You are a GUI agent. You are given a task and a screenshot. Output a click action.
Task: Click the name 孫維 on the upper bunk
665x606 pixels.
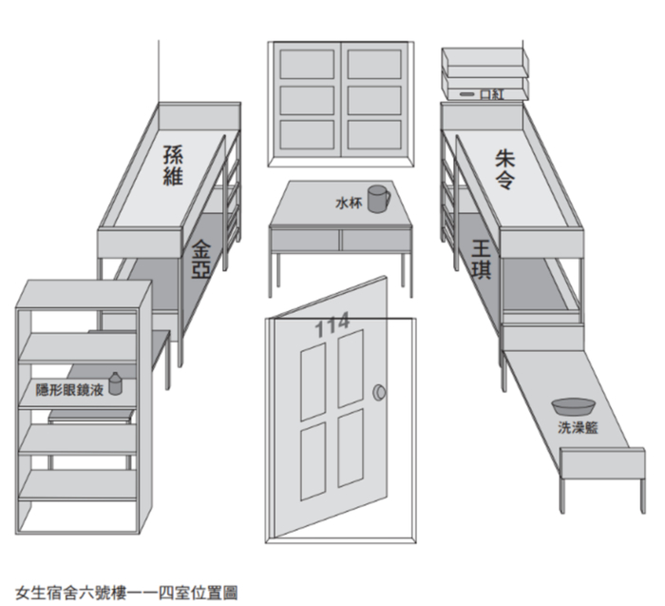[x=173, y=166]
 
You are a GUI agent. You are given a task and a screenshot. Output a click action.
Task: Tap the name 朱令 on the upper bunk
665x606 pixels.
[x=504, y=169]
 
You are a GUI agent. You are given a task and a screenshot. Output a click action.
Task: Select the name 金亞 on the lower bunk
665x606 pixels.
[x=200, y=259]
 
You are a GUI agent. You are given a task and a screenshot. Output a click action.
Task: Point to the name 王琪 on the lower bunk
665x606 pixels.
[x=482, y=259]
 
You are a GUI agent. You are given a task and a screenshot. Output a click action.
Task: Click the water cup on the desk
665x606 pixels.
[x=378, y=199]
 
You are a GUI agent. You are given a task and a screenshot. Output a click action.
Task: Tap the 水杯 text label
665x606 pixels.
[x=349, y=203]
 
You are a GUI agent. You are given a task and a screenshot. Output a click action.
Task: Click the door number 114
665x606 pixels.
[x=332, y=324]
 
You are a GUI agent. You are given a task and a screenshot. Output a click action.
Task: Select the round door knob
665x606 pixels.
[x=380, y=392]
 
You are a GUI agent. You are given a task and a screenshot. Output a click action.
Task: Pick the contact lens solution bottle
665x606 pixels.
[x=115, y=383]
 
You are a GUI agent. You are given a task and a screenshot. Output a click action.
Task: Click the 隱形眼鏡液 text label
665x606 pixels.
[x=69, y=390]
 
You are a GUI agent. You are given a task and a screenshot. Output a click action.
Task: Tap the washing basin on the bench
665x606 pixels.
[x=573, y=406]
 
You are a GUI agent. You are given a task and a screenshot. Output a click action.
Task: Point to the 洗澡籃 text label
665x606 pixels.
[x=578, y=427]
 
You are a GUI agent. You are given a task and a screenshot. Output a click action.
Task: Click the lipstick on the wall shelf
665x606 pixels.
[x=467, y=94]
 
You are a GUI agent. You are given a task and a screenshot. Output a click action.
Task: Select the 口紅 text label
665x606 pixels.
[x=492, y=94]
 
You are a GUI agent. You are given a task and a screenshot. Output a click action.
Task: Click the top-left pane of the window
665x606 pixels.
[x=307, y=64]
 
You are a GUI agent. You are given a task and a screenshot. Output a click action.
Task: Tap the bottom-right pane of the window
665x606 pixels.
[x=374, y=135]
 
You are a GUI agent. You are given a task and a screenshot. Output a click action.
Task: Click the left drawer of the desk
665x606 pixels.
[x=305, y=241]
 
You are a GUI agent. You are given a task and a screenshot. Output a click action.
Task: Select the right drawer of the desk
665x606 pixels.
[x=376, y=241]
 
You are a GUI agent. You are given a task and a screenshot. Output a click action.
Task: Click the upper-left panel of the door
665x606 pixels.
[x=313, y=381]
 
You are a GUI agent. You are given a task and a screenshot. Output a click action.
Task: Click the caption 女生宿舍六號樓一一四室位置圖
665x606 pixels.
[x=126, y=593]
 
